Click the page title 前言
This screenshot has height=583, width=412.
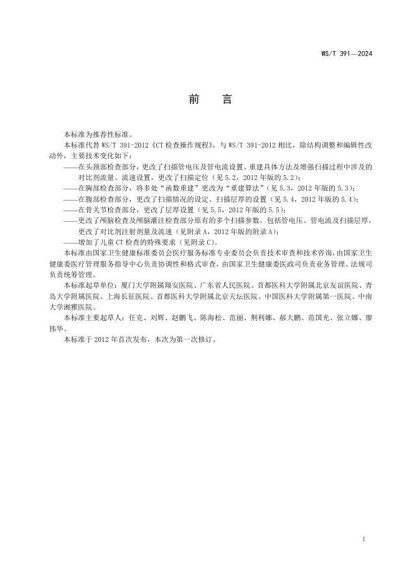205,100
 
